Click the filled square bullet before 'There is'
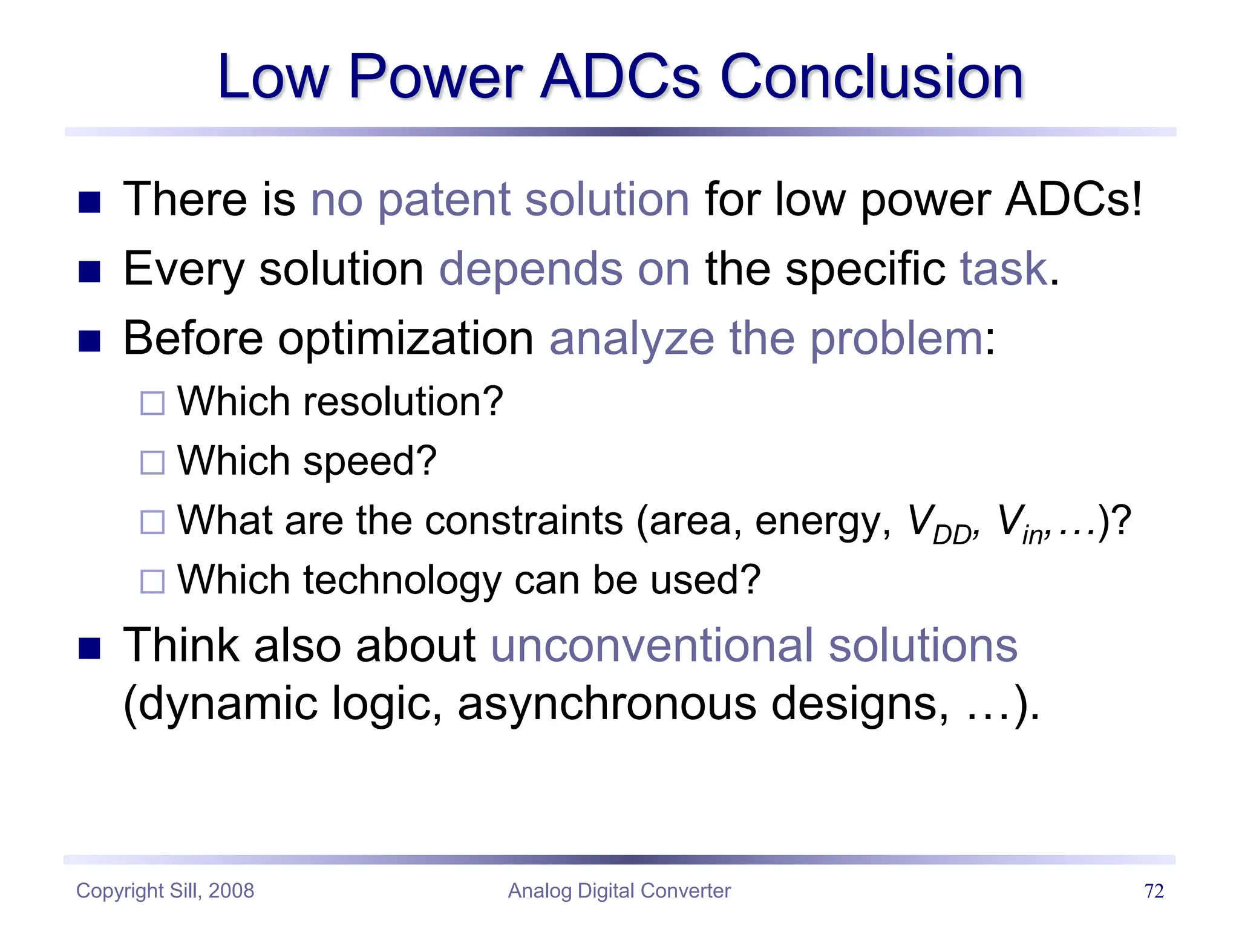tap(90, 203)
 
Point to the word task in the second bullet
tap(1004, 269)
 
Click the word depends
tap(531, 269)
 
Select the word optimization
tap(405, 339)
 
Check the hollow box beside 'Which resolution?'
tap(152, 403)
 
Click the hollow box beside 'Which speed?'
tap(152, 463)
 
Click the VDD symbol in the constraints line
tap(940, 524)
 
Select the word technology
tap(402, 580)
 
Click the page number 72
tap(1154, 891)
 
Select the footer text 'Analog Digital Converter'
tap(619, 891)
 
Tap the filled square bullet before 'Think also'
tap(90, 649)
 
